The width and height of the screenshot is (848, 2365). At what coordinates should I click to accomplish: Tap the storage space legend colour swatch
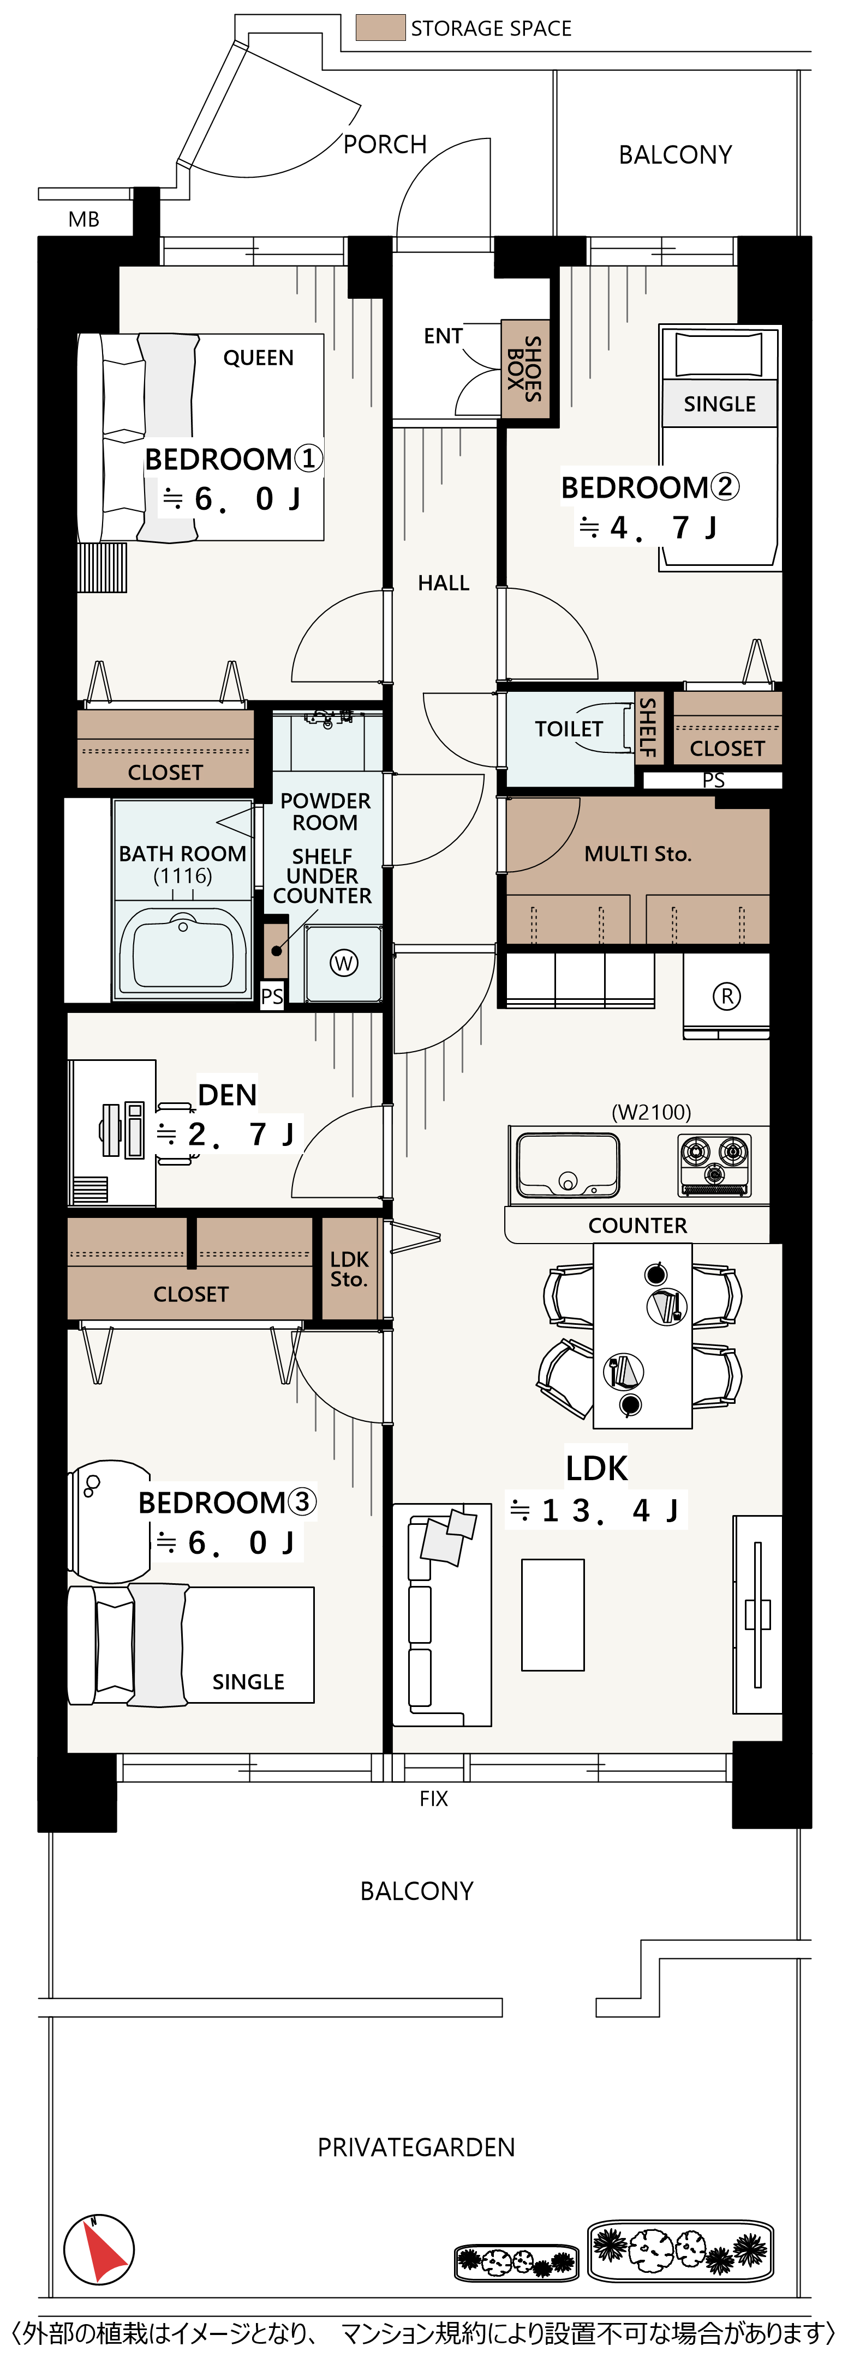click(380, 28)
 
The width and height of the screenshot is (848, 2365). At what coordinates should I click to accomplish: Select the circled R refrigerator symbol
click(727, 996)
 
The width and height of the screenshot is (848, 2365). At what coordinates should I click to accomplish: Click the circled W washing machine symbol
click(344, 963)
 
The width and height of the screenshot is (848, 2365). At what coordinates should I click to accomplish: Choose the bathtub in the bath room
click(184, 951)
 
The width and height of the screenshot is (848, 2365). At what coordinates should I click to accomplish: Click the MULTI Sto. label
click(637, 854)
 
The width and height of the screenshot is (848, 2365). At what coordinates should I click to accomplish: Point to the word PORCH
click(385, 145)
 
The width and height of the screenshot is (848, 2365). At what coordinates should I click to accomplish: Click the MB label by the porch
click(83, 219)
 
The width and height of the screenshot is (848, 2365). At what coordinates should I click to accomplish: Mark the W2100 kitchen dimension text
click(652, 1113)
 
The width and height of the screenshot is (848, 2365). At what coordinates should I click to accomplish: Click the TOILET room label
click(569, 729)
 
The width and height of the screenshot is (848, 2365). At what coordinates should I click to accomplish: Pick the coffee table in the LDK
click(553, 1614)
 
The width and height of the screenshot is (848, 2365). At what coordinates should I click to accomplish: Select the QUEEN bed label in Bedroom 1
click(258, 358)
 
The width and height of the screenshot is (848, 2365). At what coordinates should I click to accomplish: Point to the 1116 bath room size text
click(183, 876)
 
